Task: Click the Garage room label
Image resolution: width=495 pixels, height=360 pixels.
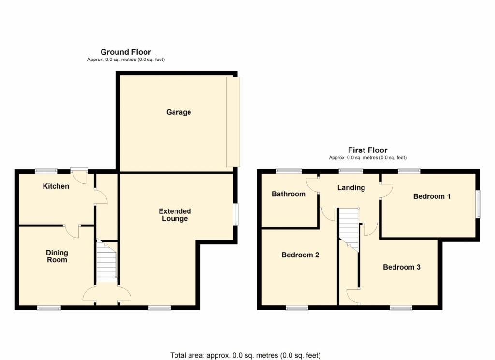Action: [x=178, y=112]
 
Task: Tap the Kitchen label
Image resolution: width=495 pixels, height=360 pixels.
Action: [x=56, y=186]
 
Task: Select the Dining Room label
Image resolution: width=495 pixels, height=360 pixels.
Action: [x=57, y=256]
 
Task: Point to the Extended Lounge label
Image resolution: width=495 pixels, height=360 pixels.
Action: [x=175, y=215]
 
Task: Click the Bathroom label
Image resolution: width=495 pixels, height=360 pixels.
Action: [x=289, y=194]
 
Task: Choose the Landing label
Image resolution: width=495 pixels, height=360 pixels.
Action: [x=351, y=188]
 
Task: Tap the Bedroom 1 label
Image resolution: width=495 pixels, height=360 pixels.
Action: [x=432, y=196]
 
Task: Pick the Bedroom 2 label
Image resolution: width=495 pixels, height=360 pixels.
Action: [x=300, y=255]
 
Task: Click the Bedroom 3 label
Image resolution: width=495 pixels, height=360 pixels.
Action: [x=402, y=267]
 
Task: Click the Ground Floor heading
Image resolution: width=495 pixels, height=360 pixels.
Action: [x=126, y=52]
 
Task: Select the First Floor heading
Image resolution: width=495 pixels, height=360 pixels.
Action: [x=367, y=150]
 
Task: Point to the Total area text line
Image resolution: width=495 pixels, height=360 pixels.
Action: [x=245, y=355]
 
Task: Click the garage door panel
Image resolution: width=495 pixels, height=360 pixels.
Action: [x=233, y=122]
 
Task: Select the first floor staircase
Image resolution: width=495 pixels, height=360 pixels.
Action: [x=349, y=229]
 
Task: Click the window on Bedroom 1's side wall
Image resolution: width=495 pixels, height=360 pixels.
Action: [x=478, y=204]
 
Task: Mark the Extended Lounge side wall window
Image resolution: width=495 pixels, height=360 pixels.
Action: [x=235, y=215]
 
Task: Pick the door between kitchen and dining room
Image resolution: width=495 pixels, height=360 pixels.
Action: [x=72, y=231]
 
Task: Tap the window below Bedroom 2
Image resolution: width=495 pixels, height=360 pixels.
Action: [x=297, y=308]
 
